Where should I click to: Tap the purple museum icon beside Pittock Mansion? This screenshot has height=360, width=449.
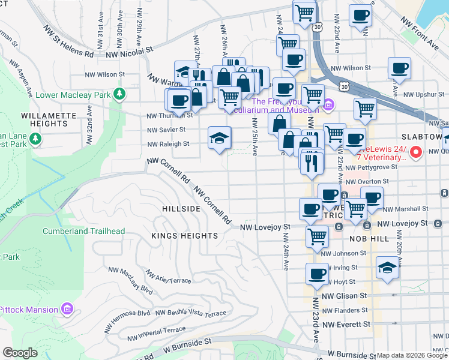(x=67, y=310)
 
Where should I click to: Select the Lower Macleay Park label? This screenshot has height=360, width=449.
(x=73, y=94)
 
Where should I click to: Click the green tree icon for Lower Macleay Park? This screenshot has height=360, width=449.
(x=120, y=94)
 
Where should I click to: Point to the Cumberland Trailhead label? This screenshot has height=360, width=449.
(x=83, y=231)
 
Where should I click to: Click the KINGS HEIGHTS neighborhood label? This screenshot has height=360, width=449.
(x=185, y=236)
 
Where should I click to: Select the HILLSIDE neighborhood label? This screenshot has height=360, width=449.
(x=181, y=208)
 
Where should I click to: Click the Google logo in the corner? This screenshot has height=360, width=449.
(x=20, y=353)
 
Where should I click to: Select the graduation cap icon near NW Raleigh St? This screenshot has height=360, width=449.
(x=220, y=138)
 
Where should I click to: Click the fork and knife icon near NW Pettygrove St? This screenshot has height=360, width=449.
(x=312, y=163)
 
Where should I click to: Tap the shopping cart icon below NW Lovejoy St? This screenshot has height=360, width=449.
(x=316, y=236)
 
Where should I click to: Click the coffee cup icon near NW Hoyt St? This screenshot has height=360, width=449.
(x=317, y=274)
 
